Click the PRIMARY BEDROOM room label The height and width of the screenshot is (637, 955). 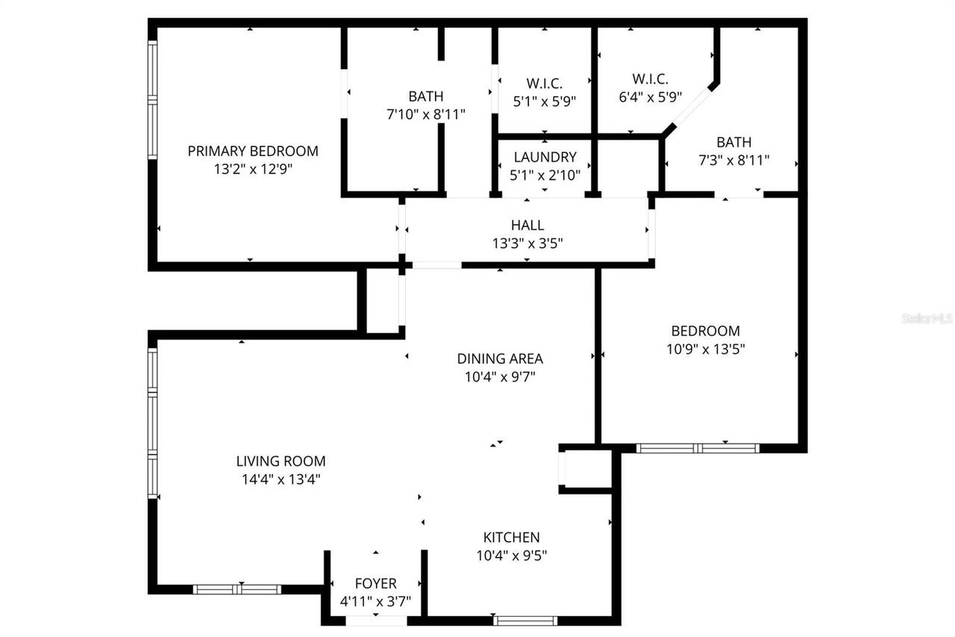pyautogui.click(x=252, y=151)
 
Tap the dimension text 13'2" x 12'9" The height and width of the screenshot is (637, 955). pyautogui.click(x=252, y=170)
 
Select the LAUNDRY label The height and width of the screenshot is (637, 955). pyautogui.click(x=545, y=158)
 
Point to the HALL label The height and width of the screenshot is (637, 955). pyautogui.click(x=527, y=225)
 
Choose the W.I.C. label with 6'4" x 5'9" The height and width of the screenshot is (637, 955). pyautogui.click(x=650, y=79)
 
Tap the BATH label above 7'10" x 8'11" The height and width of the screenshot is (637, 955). pyautogui.click(x=425, y=96)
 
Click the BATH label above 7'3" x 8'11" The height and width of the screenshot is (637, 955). pyautogui.click(x=733, y=142)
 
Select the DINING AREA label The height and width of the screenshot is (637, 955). pyautogui.click(x=500, y=358)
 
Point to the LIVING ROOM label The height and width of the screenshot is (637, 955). pyautogui.click(x=281, y=462)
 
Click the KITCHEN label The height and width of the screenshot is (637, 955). pyautogui.click(x=511, y=538)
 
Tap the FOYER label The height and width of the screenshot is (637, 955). pyautogui.click(x=375, y=583)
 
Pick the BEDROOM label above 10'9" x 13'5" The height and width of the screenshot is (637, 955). pyautogui.click(x=705, y=331)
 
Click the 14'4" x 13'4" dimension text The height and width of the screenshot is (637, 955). pyautogui.click(x=281, y=480)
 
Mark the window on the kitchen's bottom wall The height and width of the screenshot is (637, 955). pyautogui.click(x=525, y=620)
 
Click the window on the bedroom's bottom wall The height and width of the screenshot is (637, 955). pyautogui.click(x=698, y=448)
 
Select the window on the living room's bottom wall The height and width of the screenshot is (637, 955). pyautogui.click(x=237, y=589)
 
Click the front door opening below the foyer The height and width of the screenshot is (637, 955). pyautogui.click(x=376, y=621)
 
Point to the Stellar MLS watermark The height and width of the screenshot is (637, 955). pyautogui.click(x=927, y=318)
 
